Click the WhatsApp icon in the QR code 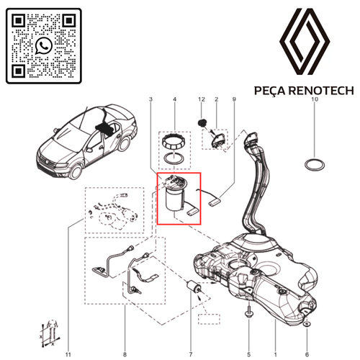44,45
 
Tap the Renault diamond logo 305,41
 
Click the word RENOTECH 321,91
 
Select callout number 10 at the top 315,99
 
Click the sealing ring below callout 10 315,165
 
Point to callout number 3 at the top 150,99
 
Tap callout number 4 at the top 174,99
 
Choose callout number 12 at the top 202,99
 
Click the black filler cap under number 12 202,122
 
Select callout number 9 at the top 234,99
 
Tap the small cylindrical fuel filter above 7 194,287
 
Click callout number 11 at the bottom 68,354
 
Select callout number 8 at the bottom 125,354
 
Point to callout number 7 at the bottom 191,354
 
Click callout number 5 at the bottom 248,354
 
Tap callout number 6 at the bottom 307,354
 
